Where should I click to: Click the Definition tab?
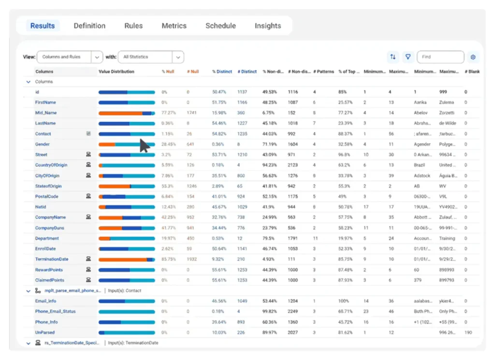[89, 26]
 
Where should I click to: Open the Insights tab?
[268, 26]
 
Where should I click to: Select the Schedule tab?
[220, 26]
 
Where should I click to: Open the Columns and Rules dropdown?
[70, 57]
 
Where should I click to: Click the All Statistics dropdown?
[151, 57]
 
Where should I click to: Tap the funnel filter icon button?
[408, 57]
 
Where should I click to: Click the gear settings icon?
[473, 57]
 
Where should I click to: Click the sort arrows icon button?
[393, 57]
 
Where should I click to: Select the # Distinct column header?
[247, 72]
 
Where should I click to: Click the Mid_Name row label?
[46, 113]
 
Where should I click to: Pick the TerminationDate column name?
[52, 259]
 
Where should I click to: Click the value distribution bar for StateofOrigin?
[127, 186]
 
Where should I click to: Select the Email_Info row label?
[45, 301]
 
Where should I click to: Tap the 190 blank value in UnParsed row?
[468, 332]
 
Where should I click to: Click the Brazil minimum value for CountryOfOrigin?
[420, 165]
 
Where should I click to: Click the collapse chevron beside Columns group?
[28, 82]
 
